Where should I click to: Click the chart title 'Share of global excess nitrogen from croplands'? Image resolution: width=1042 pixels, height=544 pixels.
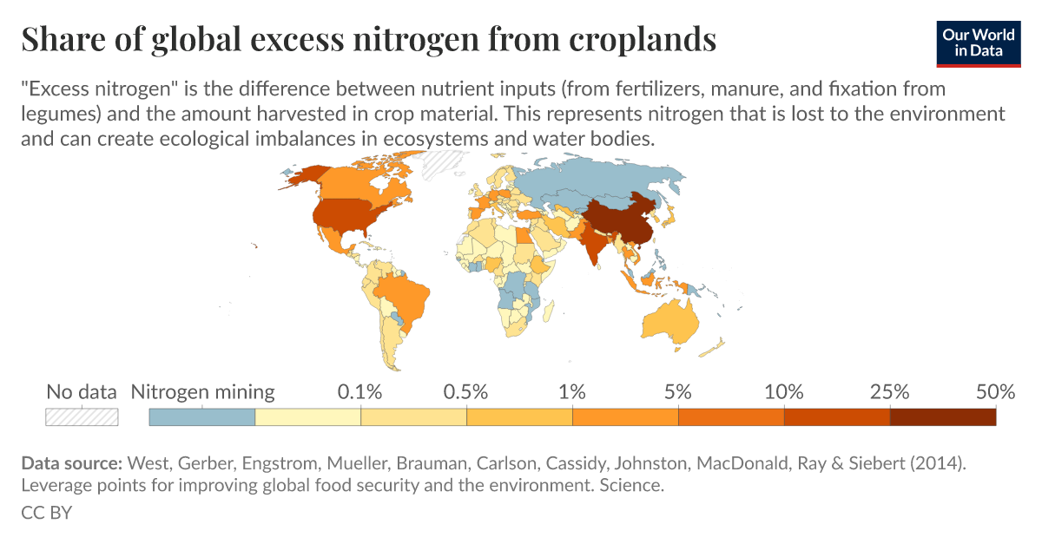click(368, 40)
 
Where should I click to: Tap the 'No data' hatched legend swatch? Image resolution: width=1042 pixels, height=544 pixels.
click(82, 416)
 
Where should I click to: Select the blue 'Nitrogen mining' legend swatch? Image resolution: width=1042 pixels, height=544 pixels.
click(202, 416)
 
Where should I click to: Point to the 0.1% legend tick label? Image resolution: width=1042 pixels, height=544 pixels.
click(359, 392)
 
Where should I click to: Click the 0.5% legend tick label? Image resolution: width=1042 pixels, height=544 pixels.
click(466, 392)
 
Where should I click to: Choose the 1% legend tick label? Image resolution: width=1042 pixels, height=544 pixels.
click(572, 392)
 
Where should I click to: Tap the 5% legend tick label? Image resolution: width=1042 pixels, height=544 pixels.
click(678, 392)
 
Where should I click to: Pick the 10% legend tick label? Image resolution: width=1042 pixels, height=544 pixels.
click(783, 392)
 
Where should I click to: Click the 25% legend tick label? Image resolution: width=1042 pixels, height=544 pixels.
click(889, 392)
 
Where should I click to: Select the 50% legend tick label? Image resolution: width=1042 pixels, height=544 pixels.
click(994, 392)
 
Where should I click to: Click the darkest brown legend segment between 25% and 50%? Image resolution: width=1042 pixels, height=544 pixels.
click(942, 416)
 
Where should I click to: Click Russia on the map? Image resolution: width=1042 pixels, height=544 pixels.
click(599, 178)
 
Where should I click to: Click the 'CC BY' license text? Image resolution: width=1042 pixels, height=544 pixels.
click(46, 513)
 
